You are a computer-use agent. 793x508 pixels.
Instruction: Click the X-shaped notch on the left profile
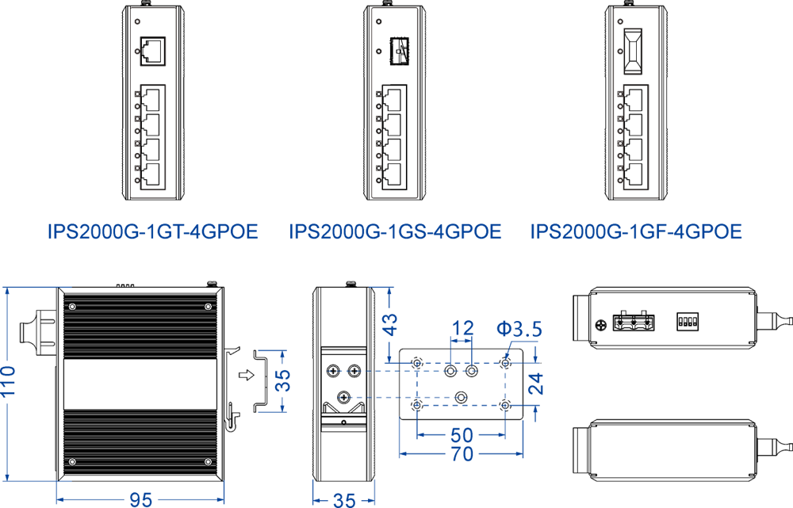click(153, 76)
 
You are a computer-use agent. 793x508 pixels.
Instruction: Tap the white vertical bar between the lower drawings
click(301, 396)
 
